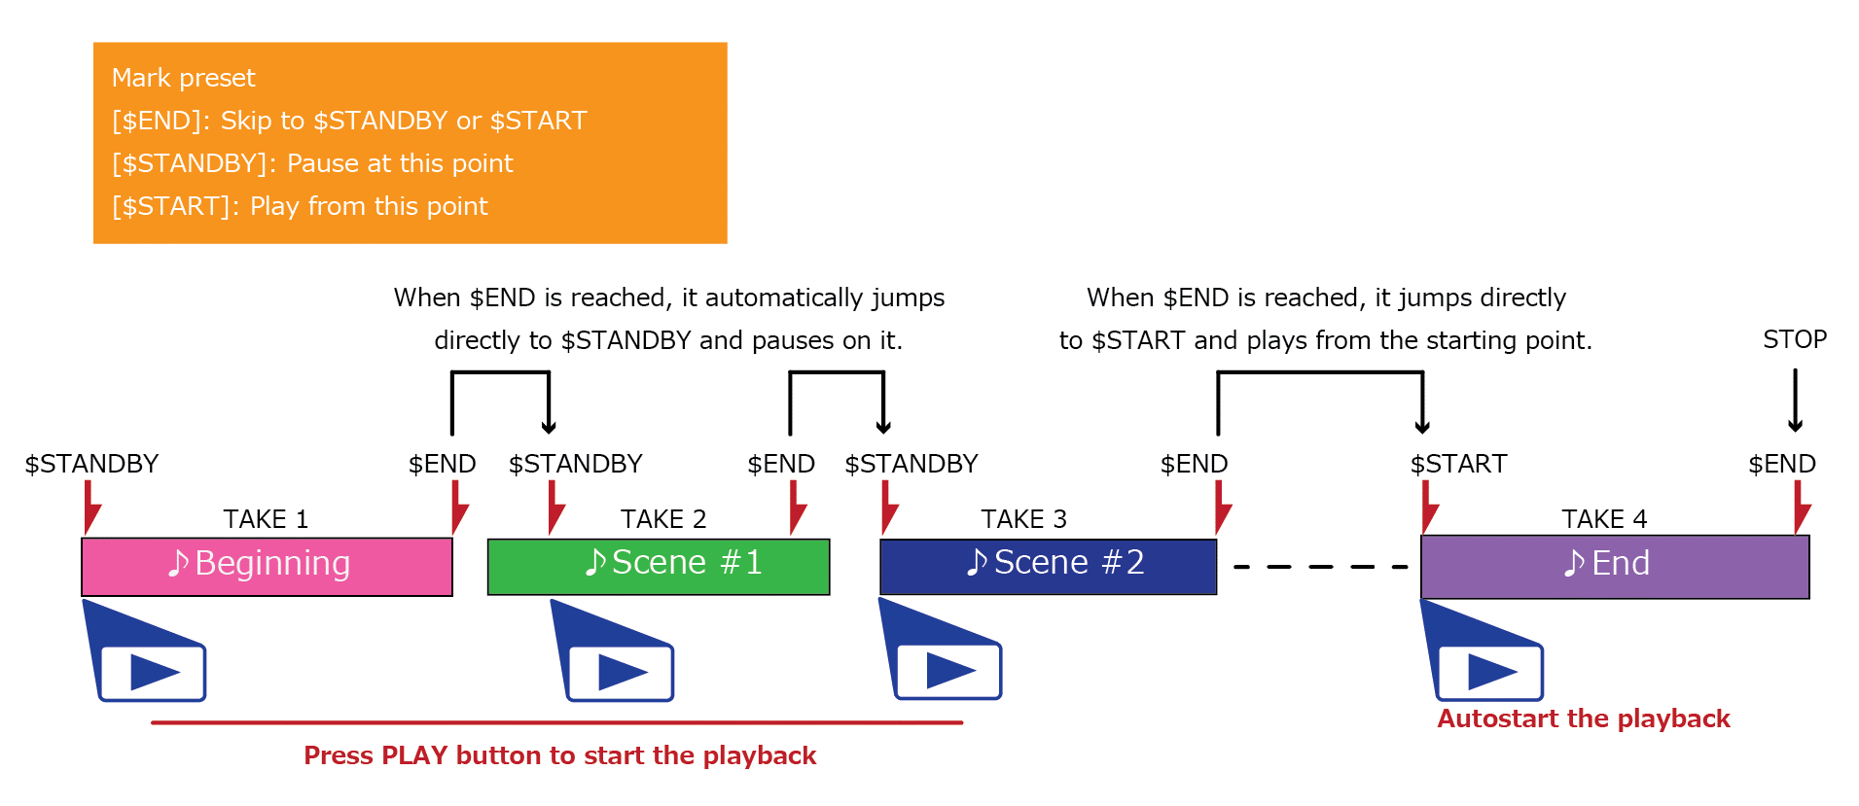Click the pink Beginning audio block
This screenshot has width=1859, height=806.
coord(267,566)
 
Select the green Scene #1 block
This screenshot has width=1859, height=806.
coord(659,566)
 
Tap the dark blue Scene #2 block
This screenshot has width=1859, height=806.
coord(1048,566)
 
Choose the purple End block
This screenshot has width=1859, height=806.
coord(1615,566)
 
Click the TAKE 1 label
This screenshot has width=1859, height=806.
coord(266,519)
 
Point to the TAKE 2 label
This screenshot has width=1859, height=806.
coord(663,519)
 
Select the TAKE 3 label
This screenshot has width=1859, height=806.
coord(1023,519)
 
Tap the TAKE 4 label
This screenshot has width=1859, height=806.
coord(1604,519)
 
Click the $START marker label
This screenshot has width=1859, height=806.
coord(1458,464)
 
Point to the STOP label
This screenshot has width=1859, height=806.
coord(1795,339)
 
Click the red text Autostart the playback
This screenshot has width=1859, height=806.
coord(1584,718)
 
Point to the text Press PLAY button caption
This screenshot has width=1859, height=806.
coord(560,755)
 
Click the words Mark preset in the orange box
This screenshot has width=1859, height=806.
coord(183,78)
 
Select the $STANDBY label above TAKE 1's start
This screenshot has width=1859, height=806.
coord(91,464)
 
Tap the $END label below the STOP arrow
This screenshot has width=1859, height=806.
coord(1782,464)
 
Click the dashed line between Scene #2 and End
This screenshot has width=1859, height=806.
coord(1320,566)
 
